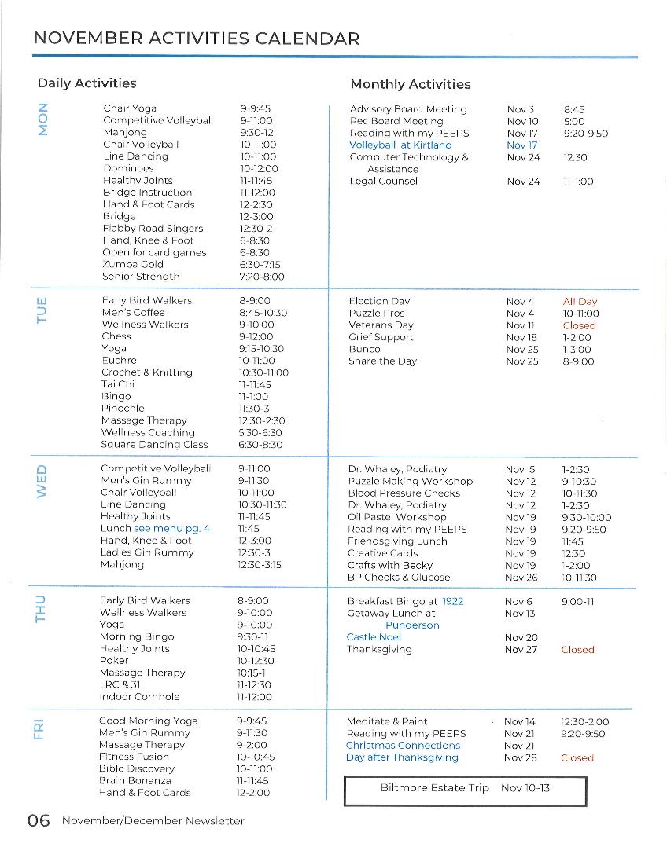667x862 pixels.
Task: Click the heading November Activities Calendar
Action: click(x=197, y=39)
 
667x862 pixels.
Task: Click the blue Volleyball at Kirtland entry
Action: click(x=400, y=145)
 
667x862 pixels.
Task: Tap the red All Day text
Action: click(x=580, y=302)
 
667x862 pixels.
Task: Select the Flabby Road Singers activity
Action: click(x=153, y=229)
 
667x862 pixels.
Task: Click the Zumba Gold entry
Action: click(x=133, y=265)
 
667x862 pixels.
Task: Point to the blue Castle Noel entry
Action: click(x=374, y=637)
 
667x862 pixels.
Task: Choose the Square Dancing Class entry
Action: click(x=154, y=445)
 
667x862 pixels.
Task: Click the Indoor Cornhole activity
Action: click(x=139, y=697)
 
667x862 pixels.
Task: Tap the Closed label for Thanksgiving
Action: click(x=577, y=650)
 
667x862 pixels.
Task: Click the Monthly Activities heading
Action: click(x=410, y=84)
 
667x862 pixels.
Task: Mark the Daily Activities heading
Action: click(x=87, y=83)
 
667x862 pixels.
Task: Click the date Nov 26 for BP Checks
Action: click(x=520, y=578)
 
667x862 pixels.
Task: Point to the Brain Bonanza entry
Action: click(x=135, y=781)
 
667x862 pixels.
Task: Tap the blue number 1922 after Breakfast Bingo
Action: click(x=452, y=601)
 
